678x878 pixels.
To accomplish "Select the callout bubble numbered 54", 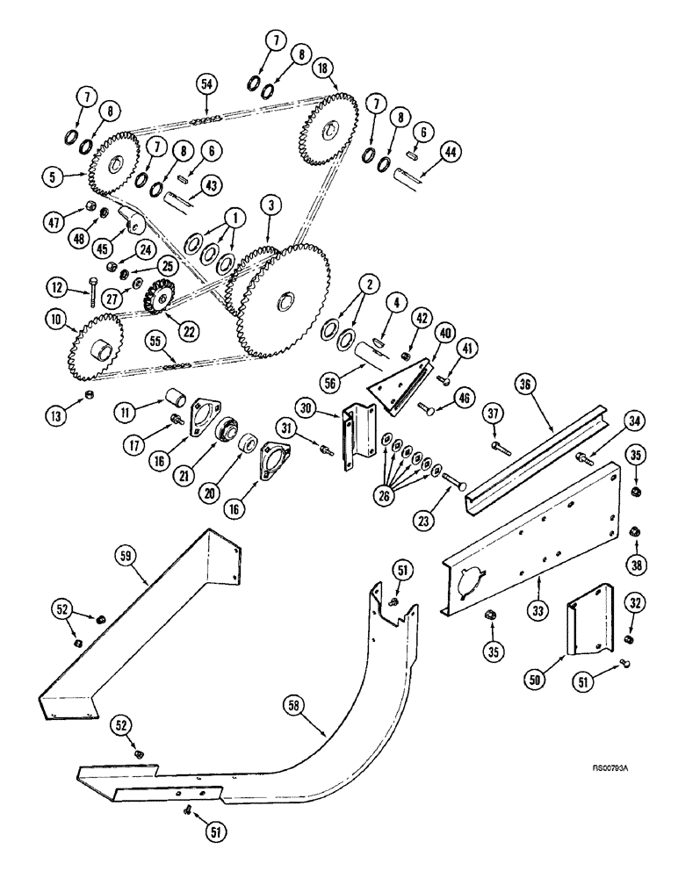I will point(207,83).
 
